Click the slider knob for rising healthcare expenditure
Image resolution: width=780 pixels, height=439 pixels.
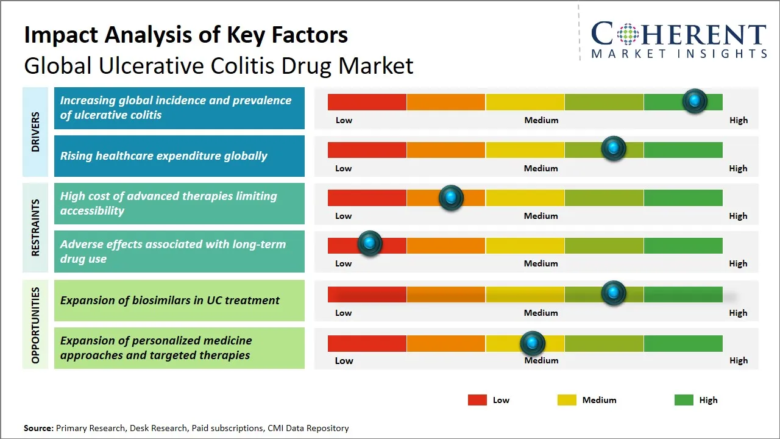point(614,148)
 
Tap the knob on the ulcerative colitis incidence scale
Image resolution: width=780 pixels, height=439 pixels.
point(695,101)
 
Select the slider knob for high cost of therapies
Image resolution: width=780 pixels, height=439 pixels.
point(451,197)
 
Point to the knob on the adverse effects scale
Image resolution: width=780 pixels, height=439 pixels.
point(369,243)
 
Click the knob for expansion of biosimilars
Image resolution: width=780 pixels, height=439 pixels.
point(614,293)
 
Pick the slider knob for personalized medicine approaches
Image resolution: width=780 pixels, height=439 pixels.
point(533,343)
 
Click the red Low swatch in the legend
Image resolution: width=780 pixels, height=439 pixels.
point(477,400)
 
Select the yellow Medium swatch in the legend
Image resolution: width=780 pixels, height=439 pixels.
point(567,400)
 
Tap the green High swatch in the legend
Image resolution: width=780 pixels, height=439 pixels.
point(684,400)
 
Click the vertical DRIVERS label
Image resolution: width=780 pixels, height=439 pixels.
point(35,132)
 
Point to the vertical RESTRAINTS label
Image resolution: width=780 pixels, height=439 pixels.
point(35,227)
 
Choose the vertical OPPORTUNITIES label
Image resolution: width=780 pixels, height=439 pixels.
point(35,326)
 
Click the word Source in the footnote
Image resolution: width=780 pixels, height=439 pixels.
point(38,429)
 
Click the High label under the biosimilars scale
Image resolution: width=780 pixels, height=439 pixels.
point(738,313)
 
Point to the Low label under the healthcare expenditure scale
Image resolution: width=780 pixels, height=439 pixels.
point(344,168)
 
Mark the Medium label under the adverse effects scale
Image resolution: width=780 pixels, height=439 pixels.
point(541,263)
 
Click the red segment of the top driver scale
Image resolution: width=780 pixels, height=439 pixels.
point(367,102)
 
